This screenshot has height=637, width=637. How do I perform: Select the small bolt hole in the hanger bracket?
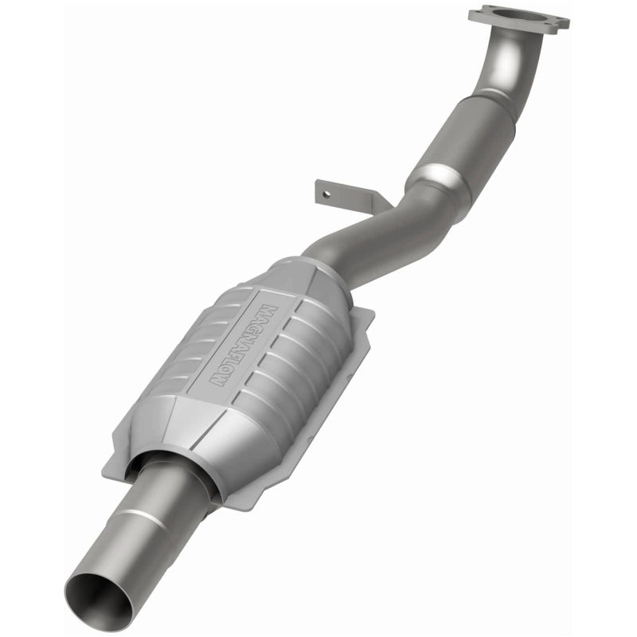pyautogui.click(x=323, y=190)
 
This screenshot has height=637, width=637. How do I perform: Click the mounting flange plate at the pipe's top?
pyautogui.click(x=518, y=18)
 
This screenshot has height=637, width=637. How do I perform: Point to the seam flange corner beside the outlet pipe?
pyautogui.click(x=119, y=470)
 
